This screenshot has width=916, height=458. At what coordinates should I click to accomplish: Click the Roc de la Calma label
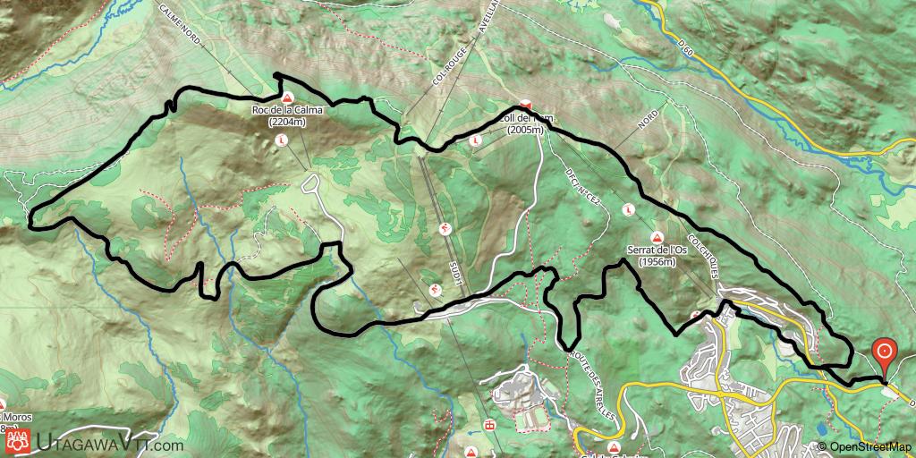tap(287, 110)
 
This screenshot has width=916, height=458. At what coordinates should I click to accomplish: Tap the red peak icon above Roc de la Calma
tap(287, 98)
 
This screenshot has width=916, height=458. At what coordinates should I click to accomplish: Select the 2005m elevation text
tap(525, 130)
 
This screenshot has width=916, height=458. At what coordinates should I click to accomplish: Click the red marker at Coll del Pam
tap(525, 105)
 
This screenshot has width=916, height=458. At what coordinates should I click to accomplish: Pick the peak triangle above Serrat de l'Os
tap(657, 238)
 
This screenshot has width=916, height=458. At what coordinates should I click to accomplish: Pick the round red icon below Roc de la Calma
tap(282, 140)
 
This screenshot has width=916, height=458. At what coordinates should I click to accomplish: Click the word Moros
tap(17, 418)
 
